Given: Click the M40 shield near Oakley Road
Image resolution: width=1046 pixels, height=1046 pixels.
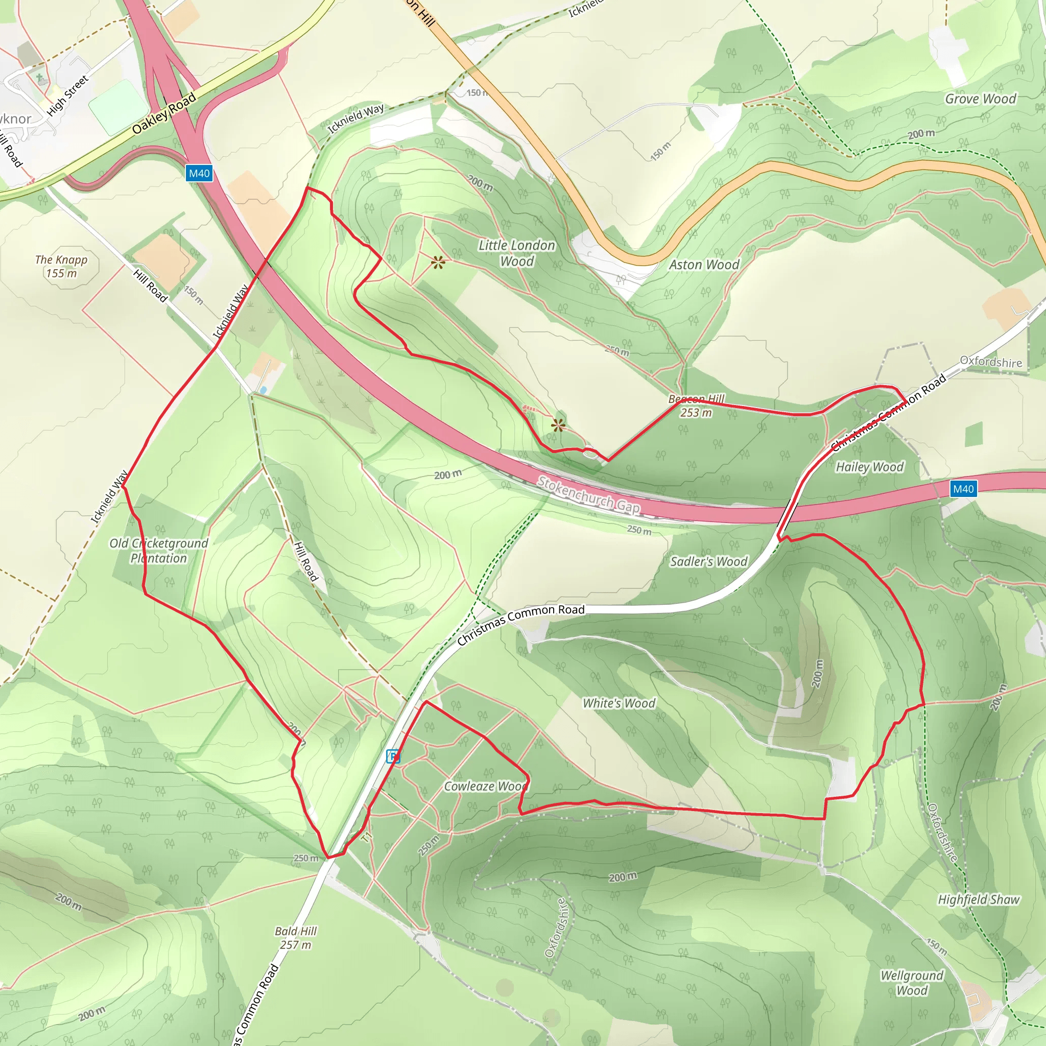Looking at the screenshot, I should tap(199, 173).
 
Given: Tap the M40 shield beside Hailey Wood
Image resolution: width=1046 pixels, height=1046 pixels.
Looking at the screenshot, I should tap(963, 489).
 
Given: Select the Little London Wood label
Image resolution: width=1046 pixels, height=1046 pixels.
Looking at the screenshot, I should tap(516, 253).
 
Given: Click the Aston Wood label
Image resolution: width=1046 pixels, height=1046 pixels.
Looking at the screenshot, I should tap(704, 265).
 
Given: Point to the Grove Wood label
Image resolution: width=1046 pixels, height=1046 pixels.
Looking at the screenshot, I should tap(981, 99).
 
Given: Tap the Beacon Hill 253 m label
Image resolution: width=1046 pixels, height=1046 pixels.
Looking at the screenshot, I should tap(696, 406).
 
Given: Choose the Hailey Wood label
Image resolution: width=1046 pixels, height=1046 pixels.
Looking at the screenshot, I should tap(869, 467).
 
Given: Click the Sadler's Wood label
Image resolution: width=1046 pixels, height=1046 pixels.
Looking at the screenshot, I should tap(709, 561).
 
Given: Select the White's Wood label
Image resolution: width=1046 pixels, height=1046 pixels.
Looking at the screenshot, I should tap(619, 703).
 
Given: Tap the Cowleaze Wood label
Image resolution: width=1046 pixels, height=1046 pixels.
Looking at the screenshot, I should tap(486, 786).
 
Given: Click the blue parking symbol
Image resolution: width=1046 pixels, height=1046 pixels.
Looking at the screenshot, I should tap(393, 756).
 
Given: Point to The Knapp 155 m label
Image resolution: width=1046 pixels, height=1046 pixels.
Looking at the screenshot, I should tap(61, 267).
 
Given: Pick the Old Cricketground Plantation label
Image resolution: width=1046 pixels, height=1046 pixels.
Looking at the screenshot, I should tap(159, 551).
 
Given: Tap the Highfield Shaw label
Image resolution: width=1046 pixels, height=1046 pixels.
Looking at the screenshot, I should tap(979, 900).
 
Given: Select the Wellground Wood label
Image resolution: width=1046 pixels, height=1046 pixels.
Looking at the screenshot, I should tap(912, 983).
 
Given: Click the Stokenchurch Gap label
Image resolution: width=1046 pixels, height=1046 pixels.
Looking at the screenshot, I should tap(588, 494).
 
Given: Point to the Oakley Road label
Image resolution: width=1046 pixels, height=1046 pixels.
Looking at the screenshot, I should tap(164, 114).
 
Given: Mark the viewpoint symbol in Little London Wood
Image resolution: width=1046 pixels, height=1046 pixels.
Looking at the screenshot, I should tap(439, 263).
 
